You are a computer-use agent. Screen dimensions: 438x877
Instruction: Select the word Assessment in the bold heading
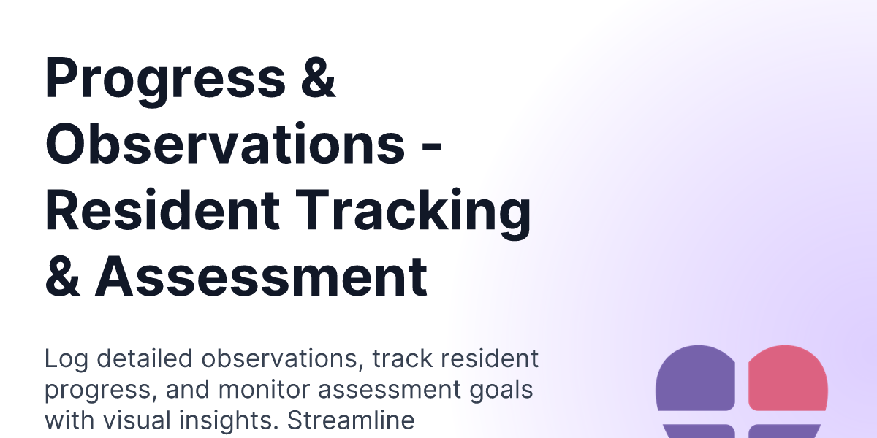(261, 277)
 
